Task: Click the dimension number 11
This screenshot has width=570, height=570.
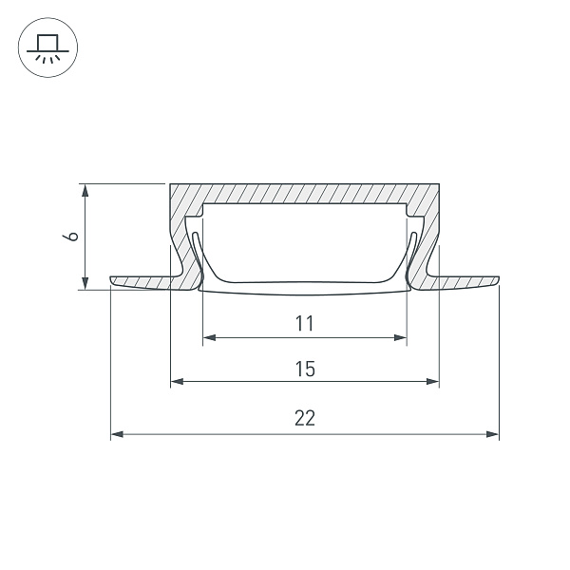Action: click(x=304, y=324)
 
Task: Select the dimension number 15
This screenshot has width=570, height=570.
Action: click(x=305, y=369)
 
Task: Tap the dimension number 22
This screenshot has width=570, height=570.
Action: click(x=305, y=418)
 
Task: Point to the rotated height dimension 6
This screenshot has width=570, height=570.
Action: click(x=70, y=237)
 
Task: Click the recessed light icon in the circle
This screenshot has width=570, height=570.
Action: click(x=47, y=48)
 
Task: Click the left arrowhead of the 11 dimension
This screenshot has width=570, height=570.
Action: click(x=209, y=337)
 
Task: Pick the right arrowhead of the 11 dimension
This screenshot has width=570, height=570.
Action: click(x=400, y=337)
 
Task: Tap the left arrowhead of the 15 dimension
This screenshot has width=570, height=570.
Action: click(x=177, y=381)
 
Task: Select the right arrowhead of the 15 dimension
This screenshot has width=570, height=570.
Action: click(x=432, y=381)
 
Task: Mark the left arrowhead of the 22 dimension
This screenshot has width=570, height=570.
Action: click(x=117, y=434)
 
